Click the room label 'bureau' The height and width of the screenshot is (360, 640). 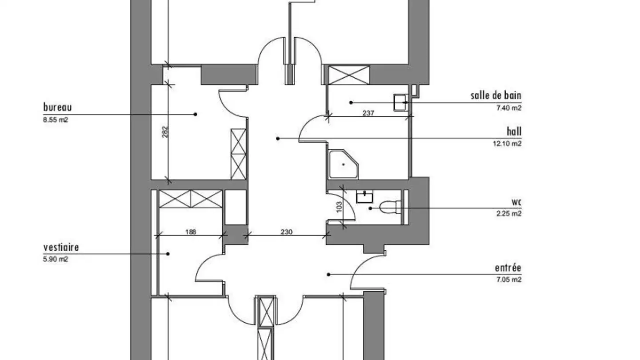(57, 107)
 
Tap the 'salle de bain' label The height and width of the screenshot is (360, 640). (496, 96)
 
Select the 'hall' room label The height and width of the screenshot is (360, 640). (514, 132)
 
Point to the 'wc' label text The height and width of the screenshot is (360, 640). (516, 202)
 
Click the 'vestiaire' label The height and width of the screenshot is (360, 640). (61, 247)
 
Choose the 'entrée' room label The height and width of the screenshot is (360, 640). (508, 268)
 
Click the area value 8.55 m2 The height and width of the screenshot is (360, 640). (56, 120)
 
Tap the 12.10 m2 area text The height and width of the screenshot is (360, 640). (507, 144)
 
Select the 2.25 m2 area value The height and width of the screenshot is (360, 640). (509, 213)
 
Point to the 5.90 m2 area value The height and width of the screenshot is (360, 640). (56, 259)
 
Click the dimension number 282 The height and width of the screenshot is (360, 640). (165, 132)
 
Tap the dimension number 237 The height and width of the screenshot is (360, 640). (368, 113)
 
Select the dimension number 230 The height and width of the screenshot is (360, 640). (287, 232)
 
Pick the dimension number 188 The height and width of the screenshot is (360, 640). (191, 232)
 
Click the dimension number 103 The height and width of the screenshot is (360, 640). (339, 207)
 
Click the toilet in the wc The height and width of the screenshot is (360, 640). (390, 208)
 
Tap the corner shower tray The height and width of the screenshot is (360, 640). (344, 164)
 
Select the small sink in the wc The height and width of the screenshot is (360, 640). (364, 196)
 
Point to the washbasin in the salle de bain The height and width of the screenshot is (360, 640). (400, 102)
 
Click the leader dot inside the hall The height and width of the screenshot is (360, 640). (278, 139)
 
